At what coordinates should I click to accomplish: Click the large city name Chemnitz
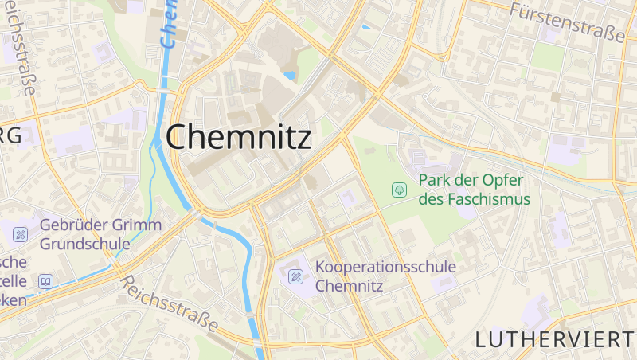(x=238, y=137)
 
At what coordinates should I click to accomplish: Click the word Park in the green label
(x=437, y=180)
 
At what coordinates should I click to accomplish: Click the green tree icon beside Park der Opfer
(x=399, y=190)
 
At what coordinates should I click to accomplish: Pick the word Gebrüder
(x=72, y=225)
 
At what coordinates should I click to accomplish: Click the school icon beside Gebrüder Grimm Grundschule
(x=20, y=234)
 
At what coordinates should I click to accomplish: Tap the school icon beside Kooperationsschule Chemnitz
(x=296, y=276)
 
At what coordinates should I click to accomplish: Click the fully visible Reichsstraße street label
(x=168, y=303)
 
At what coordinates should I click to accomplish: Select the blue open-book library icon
(x=45, y=281)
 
